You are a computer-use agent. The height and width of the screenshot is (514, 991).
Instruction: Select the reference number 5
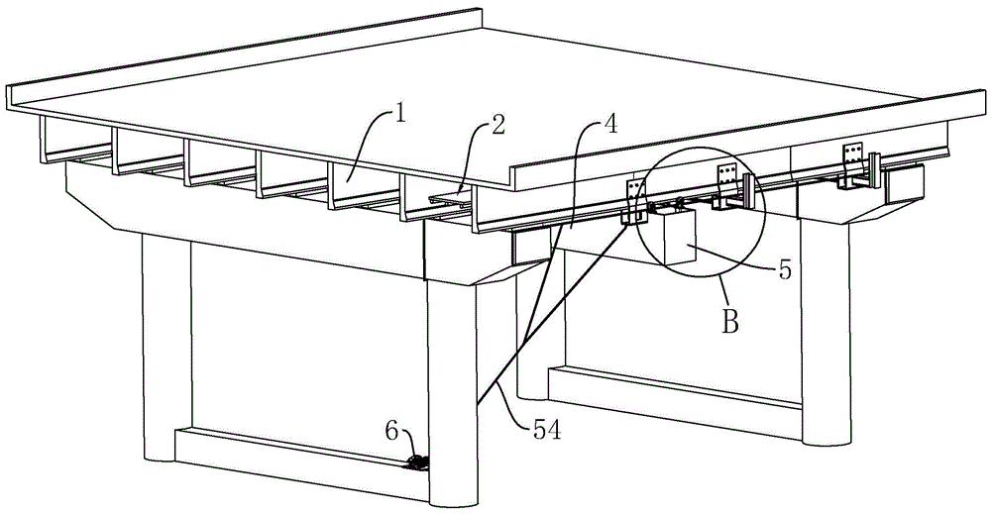pyautogui.click(x=786, y=269)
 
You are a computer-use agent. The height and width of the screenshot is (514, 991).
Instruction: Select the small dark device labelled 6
pyautogui.click(x=419, y=462)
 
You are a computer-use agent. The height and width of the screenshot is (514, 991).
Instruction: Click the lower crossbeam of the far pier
pyautogui.click(x=674, y=386)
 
